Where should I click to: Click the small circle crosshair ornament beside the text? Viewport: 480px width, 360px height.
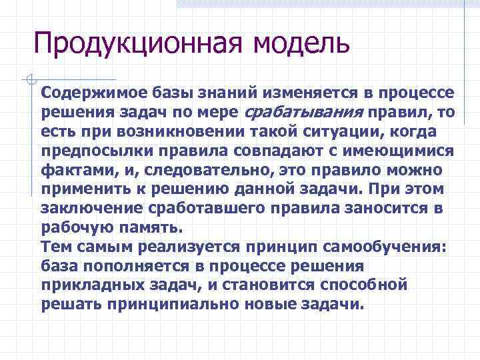click(x=28, y=80)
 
